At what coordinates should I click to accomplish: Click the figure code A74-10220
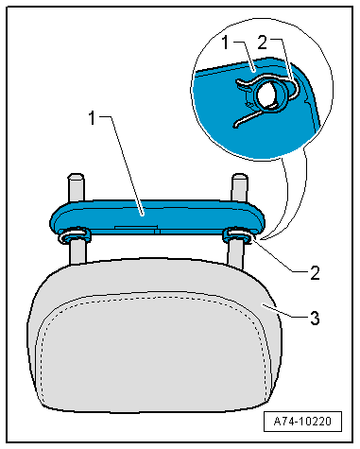point(302,421)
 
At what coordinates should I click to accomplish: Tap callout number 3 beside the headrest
point(315,319)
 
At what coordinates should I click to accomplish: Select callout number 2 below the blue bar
point(315,273)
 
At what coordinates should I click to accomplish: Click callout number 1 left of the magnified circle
point(92,118)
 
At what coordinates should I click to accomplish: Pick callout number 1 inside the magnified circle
point(225,43)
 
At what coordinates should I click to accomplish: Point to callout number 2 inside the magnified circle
point(262,43)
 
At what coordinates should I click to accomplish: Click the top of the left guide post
point(76,177)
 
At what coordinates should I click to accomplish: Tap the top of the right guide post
point(239,177)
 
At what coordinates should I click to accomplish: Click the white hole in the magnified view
point(267,95)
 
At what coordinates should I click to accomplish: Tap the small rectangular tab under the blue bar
point(136,227)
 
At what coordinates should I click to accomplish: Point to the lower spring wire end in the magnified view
point(236,125)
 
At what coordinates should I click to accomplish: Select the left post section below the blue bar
point(77,253)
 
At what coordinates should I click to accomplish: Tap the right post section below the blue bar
point(235,254)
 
